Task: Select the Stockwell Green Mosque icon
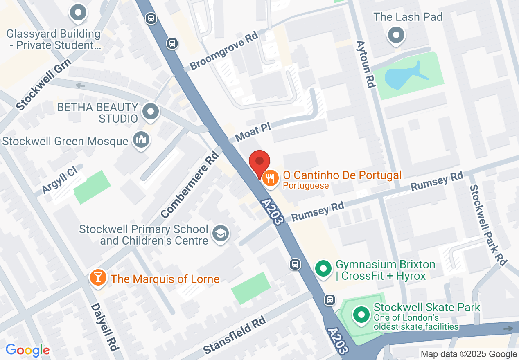pyautogui.click(x=141, y=141)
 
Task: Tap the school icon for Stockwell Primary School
pyautogui.click(x=221, y=234)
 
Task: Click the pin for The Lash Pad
pyautogui.click(x=396, y=35)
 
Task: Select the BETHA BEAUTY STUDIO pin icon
pyautogui.click(x=151, y=111)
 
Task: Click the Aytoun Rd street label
pyautogui.click(x=366, y=64)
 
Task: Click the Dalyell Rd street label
pyautogui.click(x=105, y=327)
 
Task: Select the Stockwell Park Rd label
pyautogui.click(x=488, y=225)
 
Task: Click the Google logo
pyautogui.click(x=27, y=350)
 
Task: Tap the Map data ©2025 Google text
pyautogui.click(x=469, y=354)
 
